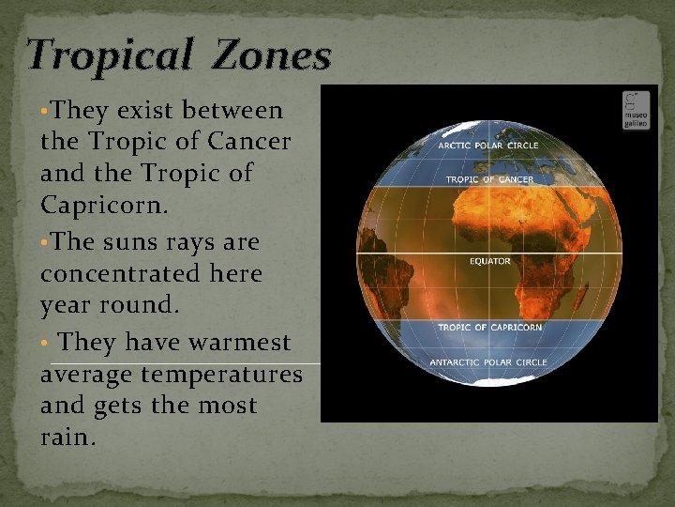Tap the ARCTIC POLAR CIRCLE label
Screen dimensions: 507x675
coord(488,146)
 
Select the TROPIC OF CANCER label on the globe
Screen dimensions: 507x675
coord(489,179)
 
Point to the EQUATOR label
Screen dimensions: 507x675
coord(489,261)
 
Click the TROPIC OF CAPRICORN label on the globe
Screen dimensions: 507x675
coord(489,327)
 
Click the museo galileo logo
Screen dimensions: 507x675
coord(636,111)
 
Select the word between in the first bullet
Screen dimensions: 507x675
coord(232,111)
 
